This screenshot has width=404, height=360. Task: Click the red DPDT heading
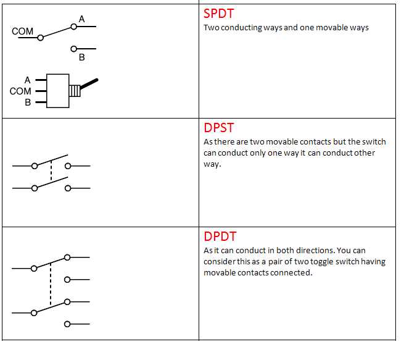coord(220,237)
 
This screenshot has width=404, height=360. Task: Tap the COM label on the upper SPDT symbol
coord(23,31)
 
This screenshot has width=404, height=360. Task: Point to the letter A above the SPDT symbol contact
coord(82,19)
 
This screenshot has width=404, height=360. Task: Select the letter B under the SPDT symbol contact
coord(82,57)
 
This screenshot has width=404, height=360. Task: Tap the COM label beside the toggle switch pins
coord(20,91)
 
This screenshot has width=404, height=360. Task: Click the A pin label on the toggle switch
coord(27,80)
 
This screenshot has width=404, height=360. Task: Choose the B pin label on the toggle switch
coord(28,102)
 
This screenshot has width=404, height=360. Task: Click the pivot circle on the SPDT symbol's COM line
coord(41,38)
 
